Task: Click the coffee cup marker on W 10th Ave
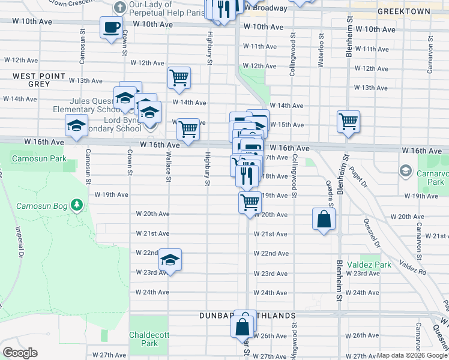[112, 28]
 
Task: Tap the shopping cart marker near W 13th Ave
[179, 78]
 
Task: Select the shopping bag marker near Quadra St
[324, 219]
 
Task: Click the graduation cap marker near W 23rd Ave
[170, 260]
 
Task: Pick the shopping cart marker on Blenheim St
[348, 122]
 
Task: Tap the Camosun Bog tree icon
[76, 206]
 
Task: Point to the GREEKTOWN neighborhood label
[404, 11]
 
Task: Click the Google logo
[20, 353]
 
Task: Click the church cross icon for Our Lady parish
[120, 8]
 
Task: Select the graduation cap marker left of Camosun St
[76, 126]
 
